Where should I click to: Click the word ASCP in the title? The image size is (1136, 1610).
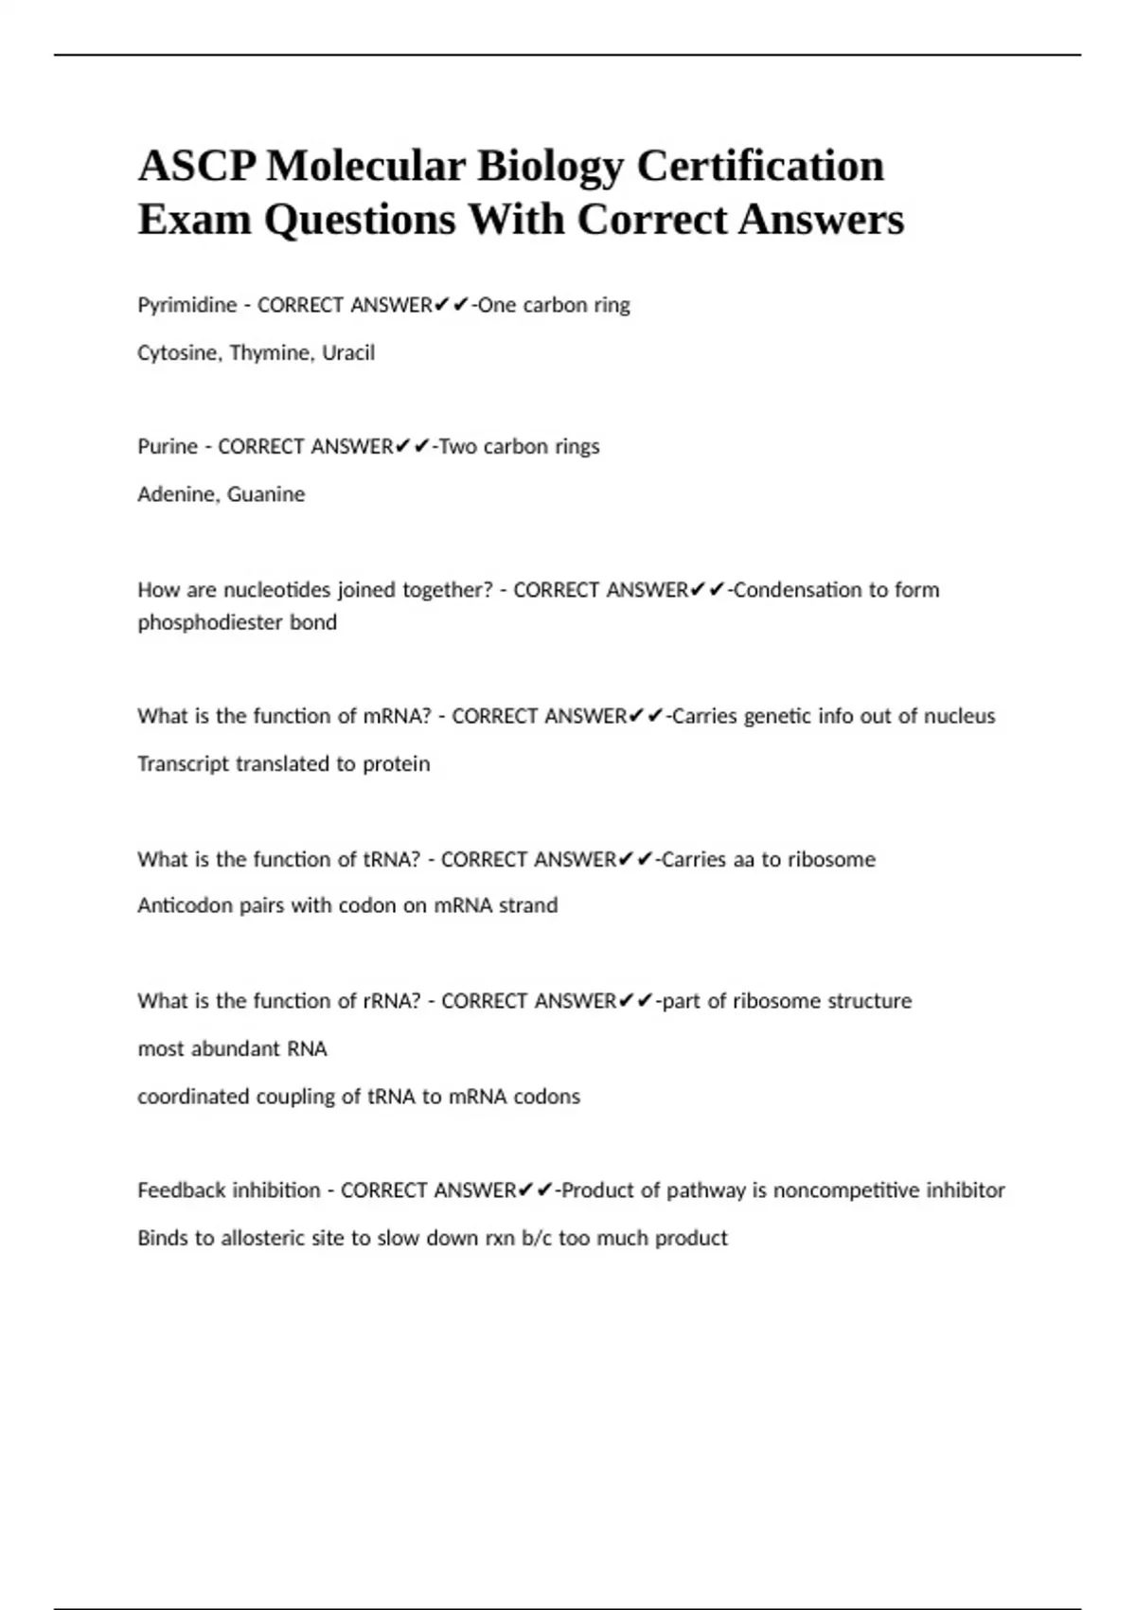[196, 167]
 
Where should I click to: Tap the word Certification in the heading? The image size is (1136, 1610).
[760, 167]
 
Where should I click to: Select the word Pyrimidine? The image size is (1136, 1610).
[186, 305]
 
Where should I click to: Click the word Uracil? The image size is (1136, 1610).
[348, 352]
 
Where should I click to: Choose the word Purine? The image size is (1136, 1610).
[168, 446]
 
